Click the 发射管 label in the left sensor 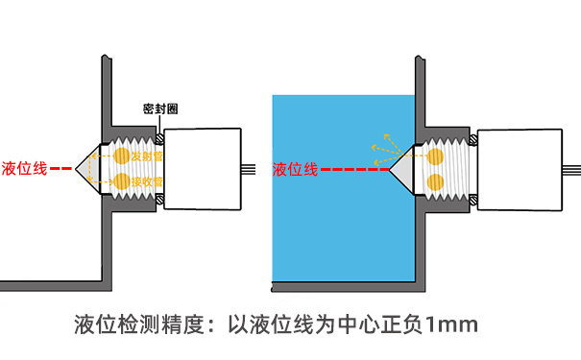coord(147,156)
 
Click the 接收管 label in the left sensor coord(147,180)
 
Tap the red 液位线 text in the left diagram coord(25,168)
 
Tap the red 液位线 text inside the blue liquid coord(295,169)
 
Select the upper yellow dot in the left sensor coord(122,156)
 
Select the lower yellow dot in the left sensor coord(122,180)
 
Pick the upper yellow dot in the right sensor coord(435,156)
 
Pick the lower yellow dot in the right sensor coord(435,180)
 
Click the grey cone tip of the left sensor coord(85,168)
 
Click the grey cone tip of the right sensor coord(399,168)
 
